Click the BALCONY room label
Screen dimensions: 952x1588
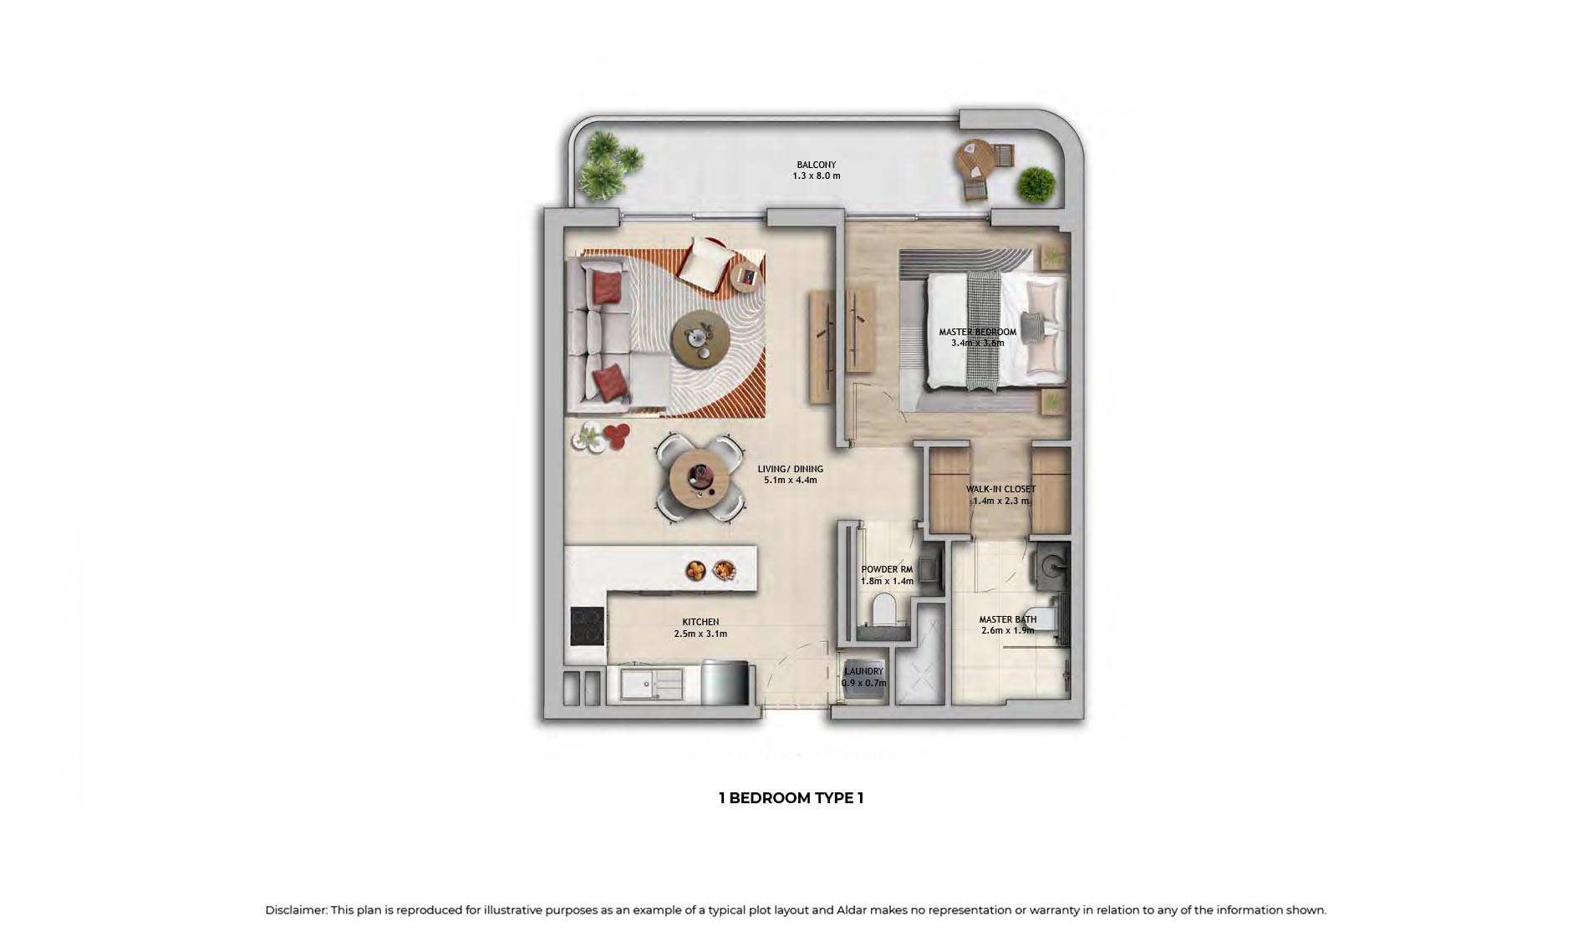coord(816,165)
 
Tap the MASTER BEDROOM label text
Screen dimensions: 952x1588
coord(977,332)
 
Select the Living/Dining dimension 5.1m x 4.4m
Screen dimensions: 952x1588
coord(790,481)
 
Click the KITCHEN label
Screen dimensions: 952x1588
coord(700,622)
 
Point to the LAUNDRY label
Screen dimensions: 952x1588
coord(863,671)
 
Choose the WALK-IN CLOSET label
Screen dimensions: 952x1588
coord(1000,489)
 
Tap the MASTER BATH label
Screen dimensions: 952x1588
coord(1007,619)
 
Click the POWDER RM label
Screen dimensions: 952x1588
coord(887,569)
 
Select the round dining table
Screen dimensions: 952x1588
coord(700,479)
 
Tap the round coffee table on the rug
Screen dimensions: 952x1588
coord(700,338)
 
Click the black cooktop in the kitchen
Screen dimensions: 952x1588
coord(588,625)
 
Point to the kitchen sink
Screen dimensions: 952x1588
coord(651,684)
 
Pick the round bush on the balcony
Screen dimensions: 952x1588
coord(1036,184)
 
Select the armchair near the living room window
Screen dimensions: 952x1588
coord(705,261)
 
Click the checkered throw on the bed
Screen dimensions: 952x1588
coord(984,330)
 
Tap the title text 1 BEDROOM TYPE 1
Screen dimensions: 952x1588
coord(791,797)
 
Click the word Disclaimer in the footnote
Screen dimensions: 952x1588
coord(296,910)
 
